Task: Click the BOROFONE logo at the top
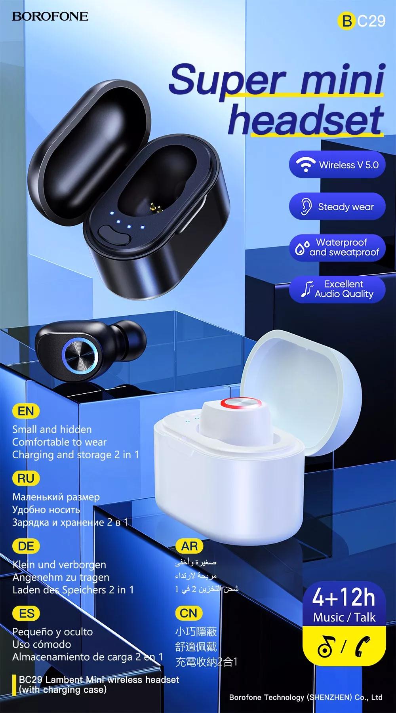coord(50,16)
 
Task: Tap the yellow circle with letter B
coord(347,21)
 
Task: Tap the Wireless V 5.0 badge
coord(337,164)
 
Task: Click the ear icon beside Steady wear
coord(305,207)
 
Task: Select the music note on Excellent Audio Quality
coord(306,289)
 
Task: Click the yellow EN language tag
coord(26,411)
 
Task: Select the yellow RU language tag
coord(26,479)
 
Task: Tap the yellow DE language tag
coord(26,546)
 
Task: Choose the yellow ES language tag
coord(27,614)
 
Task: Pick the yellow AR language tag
coord(189,546)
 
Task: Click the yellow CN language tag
coord(188,613)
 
